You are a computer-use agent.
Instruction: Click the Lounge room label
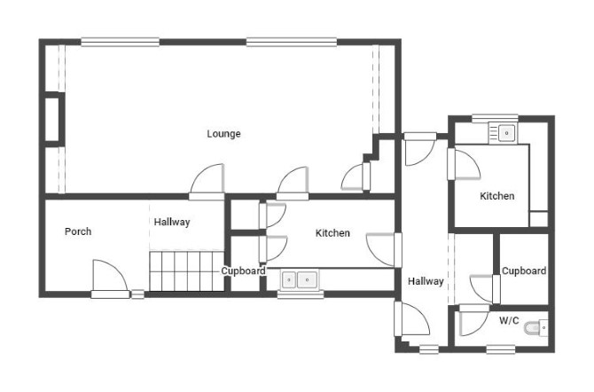click(223, 133)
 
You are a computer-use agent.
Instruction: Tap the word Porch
click(78, 231)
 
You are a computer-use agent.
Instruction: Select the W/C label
click(509, 320)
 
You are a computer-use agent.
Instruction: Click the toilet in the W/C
click(535, 327)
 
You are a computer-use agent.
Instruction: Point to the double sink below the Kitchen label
click(299, 279)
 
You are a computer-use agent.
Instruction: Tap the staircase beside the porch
click(186, 270)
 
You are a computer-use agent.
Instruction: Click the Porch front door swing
click(110, 275)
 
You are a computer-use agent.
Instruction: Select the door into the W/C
click(474, 320)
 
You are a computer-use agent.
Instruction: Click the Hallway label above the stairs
click(172, 222)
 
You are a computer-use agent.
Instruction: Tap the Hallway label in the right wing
click(426, 281)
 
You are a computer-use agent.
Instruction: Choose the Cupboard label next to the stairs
click(243, 270)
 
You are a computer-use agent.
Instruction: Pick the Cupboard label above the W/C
click(524, 270)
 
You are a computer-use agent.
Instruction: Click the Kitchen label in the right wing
click(497, 196)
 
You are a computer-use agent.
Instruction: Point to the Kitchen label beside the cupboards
click(332, 232)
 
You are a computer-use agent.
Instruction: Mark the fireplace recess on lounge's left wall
click(52, 119)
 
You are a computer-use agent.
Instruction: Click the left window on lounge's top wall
click(120, 42)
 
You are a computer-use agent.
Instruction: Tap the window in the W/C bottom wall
click(500, 349)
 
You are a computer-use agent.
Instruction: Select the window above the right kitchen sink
click(495, 118)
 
